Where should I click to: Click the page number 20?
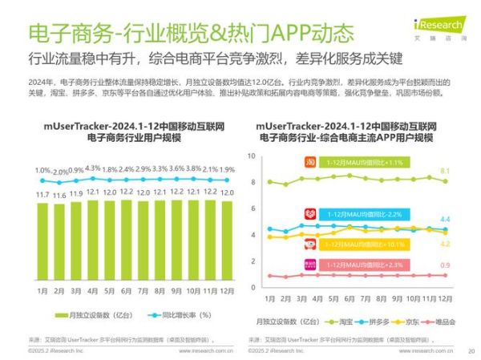tap(471, 350)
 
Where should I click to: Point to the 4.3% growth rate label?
tap(92, 169)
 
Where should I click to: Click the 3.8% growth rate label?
tap(193, 169)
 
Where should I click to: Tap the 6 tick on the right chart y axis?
tap(253, 208)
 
